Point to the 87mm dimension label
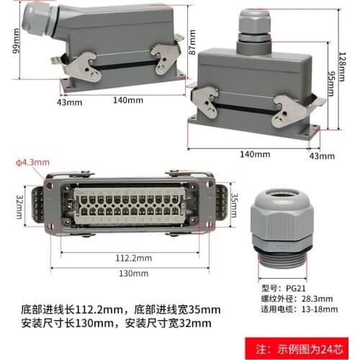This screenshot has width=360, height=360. pos(192,45)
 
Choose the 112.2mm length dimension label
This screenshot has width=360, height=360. pos(133,256)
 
